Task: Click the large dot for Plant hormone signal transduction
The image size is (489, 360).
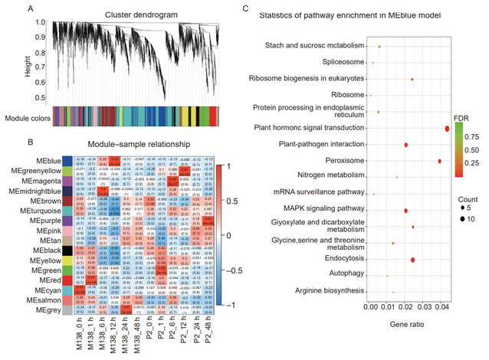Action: pos(447,128)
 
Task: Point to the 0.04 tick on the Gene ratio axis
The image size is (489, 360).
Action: pos(442,308)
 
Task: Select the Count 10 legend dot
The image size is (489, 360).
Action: pos(464,218)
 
